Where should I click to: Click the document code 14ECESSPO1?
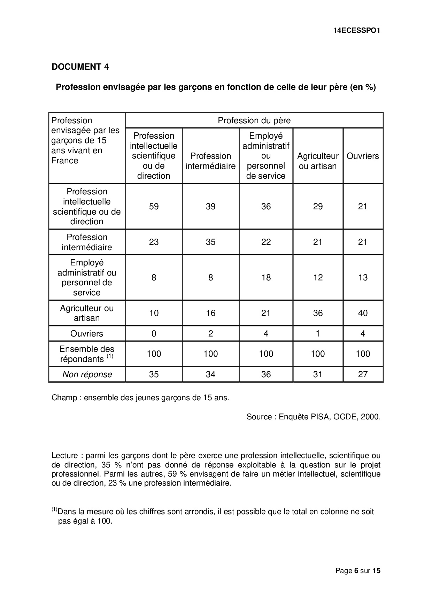[356, 30]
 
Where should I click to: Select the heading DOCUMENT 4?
[80, 67]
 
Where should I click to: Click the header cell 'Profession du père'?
[254, 121]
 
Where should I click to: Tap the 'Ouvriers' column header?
[363, 156]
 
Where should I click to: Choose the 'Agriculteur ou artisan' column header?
[318, 161]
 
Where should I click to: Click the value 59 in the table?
[154, 207]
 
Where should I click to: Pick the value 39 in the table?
[210, 207]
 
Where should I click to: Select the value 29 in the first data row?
[318, 207]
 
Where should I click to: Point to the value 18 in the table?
[266, 278]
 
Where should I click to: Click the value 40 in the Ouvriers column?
[363, 313]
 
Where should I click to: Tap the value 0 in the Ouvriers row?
[154, 334]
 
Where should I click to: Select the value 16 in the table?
[210, 313]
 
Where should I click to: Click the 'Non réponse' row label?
[87, 374]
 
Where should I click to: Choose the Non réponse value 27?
[363, 374]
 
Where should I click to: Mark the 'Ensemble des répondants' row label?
[87, 354]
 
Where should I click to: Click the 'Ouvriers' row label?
[87, 334]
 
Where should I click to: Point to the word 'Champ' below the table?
[64, 398]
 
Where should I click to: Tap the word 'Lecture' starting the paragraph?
[65, 456]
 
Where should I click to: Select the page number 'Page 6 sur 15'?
[358, 571]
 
